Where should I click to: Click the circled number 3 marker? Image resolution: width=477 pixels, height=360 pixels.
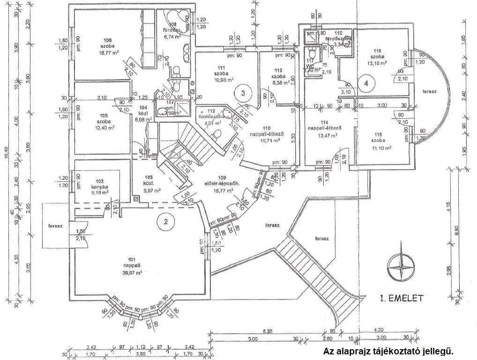pos(243,92)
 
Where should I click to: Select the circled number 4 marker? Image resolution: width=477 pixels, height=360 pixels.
pos(367,83)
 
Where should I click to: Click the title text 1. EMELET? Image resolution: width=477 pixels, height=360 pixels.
pos(402,298)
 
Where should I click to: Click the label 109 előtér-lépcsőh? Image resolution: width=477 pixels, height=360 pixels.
pos(222,181)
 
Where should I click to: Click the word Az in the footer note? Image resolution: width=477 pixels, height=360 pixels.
pos(328,351)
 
